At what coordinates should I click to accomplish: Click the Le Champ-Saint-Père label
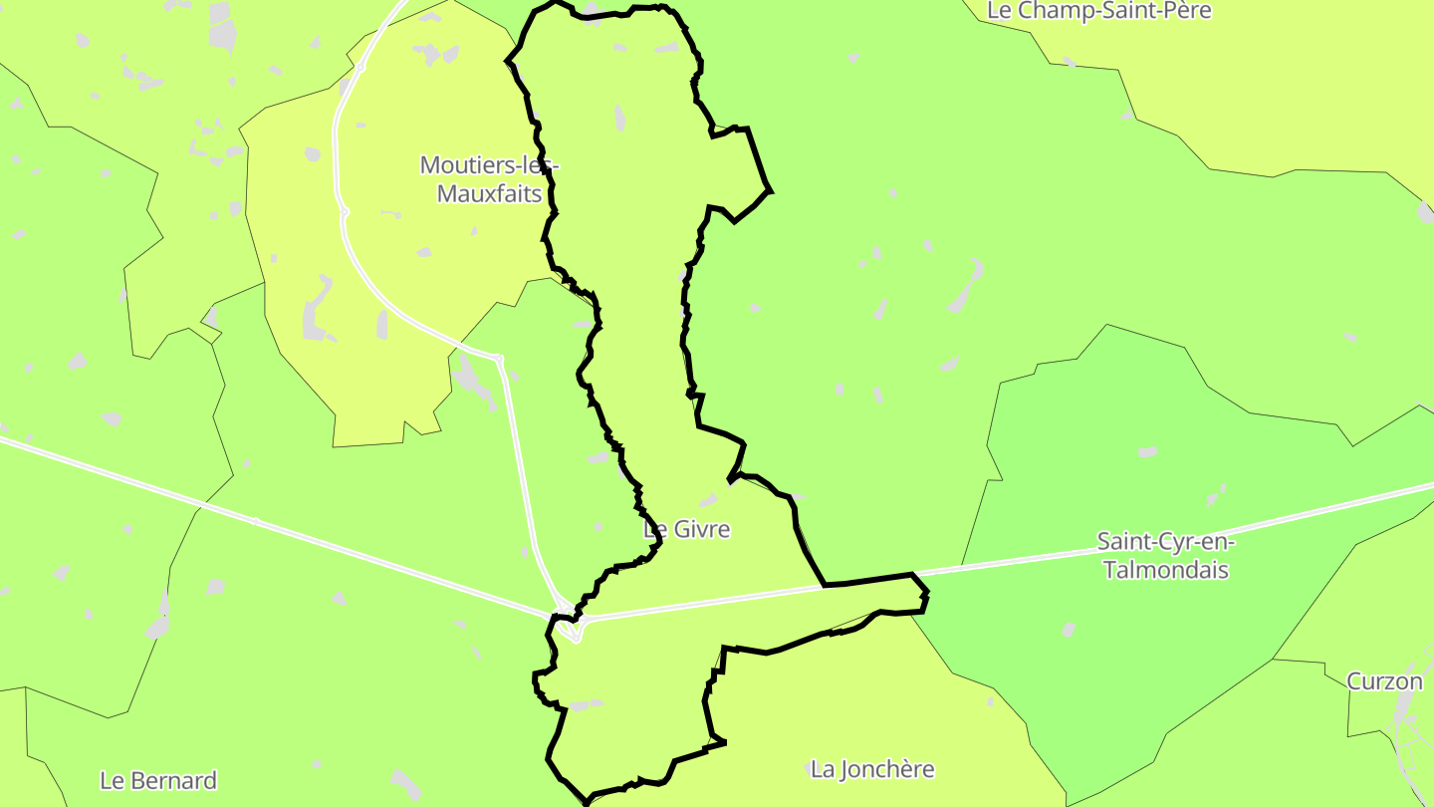point(1099,11)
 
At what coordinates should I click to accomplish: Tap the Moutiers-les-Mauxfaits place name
point(489,178)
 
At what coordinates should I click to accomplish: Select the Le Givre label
point(687,530)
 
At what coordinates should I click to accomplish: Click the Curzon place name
point(1384,681)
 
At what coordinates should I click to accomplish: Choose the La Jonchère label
point(872,769)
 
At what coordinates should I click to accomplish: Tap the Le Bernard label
point(158,780)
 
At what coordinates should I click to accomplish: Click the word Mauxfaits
point(489,193)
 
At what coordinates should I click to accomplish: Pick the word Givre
point(702,530)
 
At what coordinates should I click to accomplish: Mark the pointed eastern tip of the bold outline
point(927,596)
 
